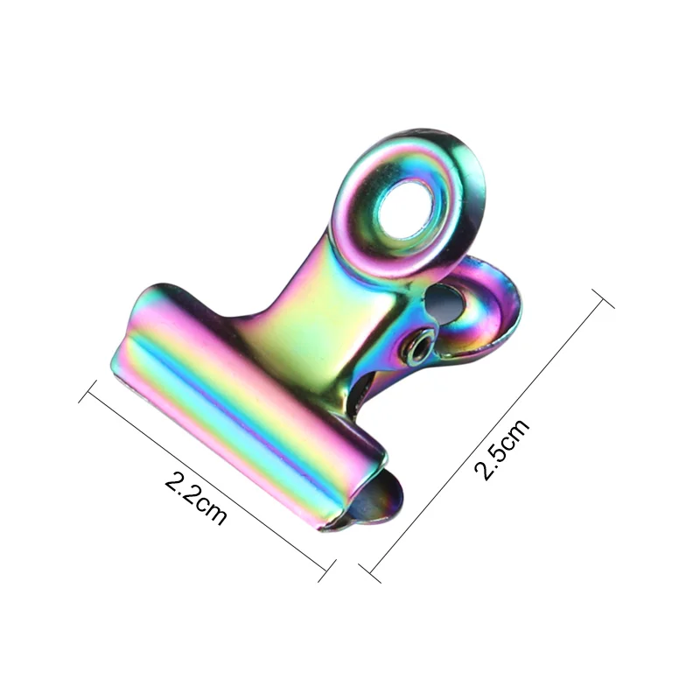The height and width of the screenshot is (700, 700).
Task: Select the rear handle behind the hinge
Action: [477, 302]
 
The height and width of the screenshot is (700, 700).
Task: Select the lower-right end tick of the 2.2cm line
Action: [326, 574]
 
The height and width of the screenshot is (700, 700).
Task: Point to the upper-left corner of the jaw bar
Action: [140, 293]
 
